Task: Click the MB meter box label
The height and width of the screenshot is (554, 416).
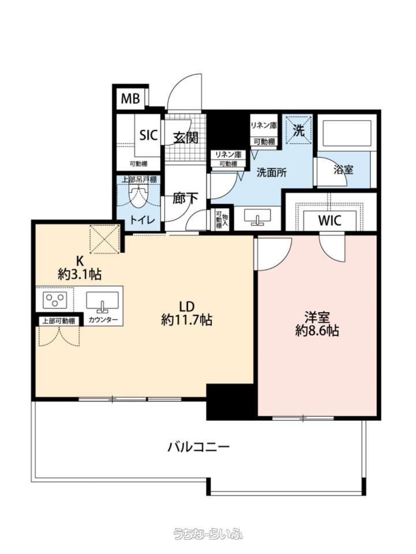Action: (x=130, y=99)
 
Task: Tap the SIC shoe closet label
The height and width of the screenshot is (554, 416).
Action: (x=148, y=135)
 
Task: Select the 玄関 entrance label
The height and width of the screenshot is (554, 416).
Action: (x=185, y=137)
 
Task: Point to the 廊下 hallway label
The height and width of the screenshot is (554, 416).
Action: (x=185, y=199)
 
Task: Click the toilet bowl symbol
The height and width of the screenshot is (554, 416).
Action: (x=137, y=199)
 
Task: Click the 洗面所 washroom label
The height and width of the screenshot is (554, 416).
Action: (x=271, y=173)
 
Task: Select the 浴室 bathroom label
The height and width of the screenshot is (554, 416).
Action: (x=343, y=170)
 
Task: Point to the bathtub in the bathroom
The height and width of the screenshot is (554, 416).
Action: (x=346, y=133)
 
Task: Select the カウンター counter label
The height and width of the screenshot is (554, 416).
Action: (x=103, y=320)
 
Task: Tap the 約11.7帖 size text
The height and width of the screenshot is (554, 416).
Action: (x=186, y=319)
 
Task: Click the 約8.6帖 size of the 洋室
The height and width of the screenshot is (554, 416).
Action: (x=317, y=330)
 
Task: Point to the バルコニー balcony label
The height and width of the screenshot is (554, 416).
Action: (x=198, y=447)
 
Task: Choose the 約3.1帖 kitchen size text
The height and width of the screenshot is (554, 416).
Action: (x=80, y=274)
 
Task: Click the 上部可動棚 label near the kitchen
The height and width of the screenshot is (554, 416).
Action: (x=59, y=321)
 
